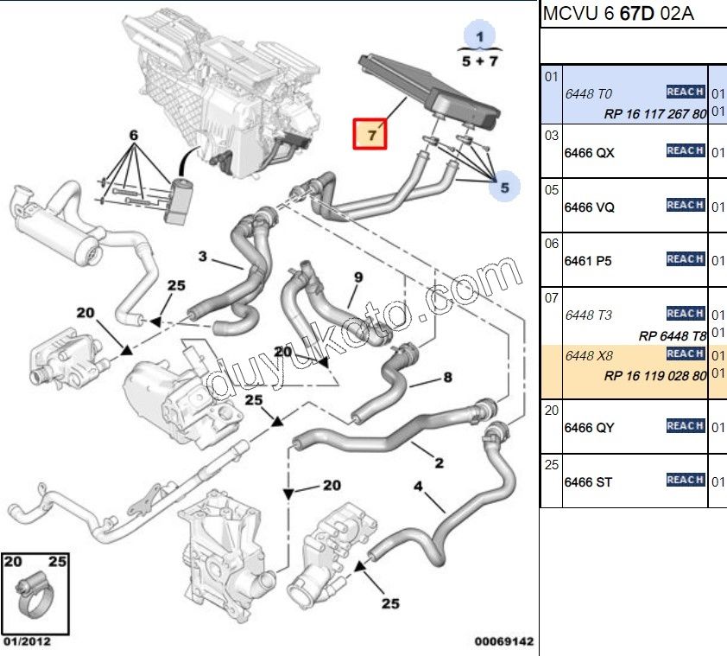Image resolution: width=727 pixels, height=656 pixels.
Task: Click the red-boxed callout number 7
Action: tap(370, 135)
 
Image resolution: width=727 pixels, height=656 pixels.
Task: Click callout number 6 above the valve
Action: tap(134, 136)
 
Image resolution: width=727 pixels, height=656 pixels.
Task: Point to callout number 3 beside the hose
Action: tap(202, 256)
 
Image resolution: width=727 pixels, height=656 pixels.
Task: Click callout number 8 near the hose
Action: tap(447, 377)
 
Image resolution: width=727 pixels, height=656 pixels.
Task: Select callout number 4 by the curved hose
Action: tap(418, 487)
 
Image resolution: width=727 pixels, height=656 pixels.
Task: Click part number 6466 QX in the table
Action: tap(589, 154)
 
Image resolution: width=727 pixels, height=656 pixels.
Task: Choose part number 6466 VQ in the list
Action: tap(589, 207)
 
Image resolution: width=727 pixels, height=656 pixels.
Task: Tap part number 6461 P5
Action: tap(587, 261)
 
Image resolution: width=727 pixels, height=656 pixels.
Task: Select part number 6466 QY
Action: tap(589, 428)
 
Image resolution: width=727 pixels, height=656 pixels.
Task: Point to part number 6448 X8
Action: tap(588, 355)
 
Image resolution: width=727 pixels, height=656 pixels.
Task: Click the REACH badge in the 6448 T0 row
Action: tap(686, 92)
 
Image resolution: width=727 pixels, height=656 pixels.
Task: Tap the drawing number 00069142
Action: tap(503, 642)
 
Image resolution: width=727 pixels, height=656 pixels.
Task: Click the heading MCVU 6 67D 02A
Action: tap(617, 14)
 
